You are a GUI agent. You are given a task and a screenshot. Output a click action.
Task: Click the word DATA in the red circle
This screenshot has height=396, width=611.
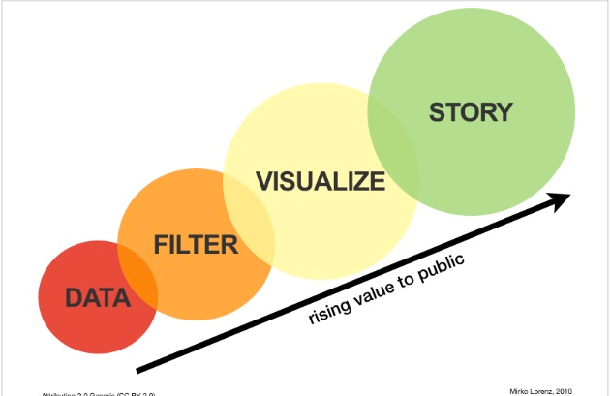click(98, 299)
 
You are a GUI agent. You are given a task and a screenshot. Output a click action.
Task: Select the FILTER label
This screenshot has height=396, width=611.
click(196, 245)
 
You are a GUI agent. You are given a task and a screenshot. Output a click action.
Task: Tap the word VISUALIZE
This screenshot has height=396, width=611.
click(320, 181)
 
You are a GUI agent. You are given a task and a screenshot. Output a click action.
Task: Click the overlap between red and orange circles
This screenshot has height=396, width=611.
click(138, 274)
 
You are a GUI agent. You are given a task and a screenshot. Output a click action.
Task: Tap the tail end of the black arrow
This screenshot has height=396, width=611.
click(141, 368)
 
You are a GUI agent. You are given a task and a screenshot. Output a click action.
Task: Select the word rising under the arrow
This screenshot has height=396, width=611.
click(329, 311)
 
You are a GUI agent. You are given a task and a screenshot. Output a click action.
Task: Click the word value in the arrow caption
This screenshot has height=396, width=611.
click(373, 291)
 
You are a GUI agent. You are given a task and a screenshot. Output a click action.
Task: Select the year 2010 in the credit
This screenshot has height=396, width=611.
click(573, 387)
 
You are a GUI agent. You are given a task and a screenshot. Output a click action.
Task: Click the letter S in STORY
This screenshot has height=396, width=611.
click(436, 112)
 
